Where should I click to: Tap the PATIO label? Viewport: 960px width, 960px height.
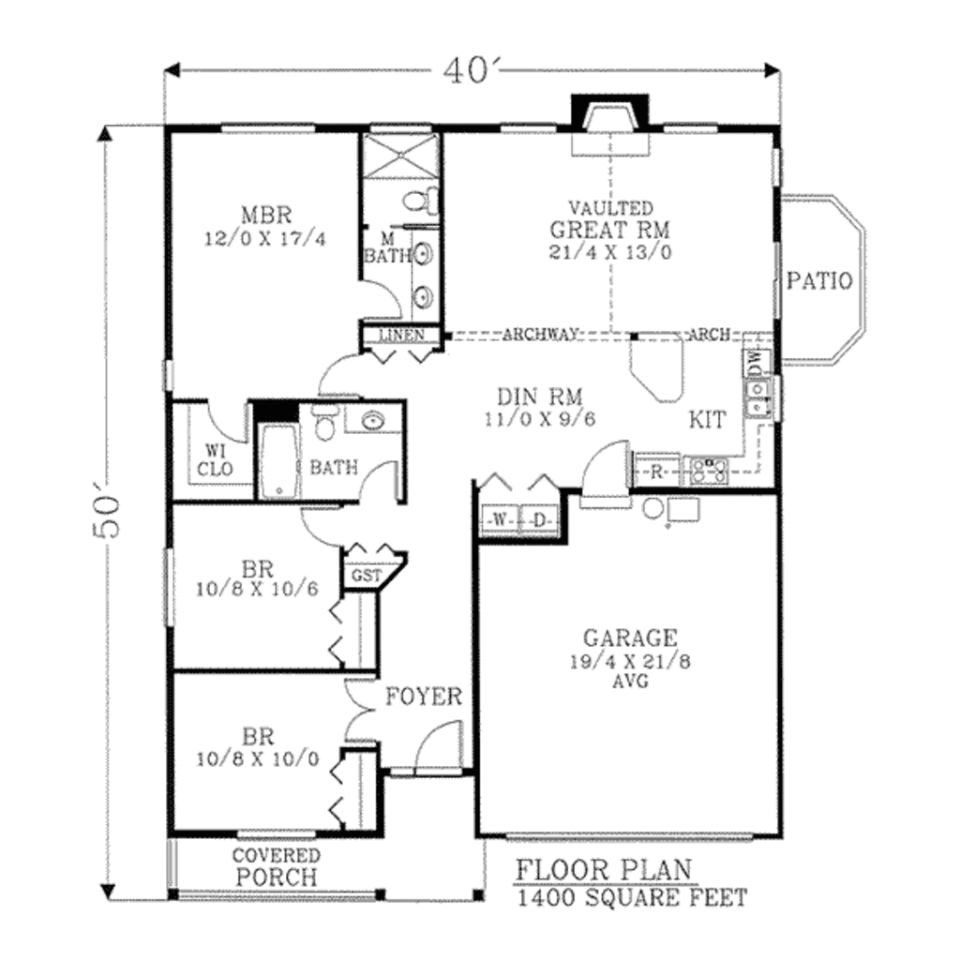tap(819, 280)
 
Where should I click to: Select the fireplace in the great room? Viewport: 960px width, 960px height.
tap(611, 116)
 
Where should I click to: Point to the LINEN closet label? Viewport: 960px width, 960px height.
tap(401, 335)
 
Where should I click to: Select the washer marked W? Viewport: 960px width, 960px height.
tap(497, 519)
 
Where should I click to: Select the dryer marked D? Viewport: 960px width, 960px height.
tap(539, 519)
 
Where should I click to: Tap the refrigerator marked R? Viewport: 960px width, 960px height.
tap(657, 471)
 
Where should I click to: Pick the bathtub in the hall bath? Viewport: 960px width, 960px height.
tap(277, 461)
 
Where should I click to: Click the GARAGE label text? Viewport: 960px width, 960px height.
tap(629, 638)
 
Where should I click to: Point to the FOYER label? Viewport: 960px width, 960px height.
tap(424, 697)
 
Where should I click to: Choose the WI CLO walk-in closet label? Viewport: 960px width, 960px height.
tap(215, 459)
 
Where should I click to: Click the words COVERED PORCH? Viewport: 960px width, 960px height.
tap(276, 867)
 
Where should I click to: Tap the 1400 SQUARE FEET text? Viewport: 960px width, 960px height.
tap(632, 898)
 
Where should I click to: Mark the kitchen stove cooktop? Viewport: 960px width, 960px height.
tap(710, 469)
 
